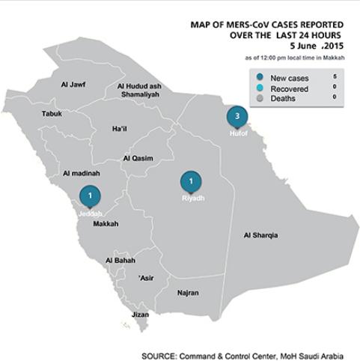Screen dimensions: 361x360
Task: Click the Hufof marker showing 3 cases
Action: pos(237,116)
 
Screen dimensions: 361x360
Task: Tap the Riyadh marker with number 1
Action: pos(191,181)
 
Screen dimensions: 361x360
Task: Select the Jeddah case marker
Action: pos(90,195)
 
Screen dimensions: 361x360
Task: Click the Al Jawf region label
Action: pos(72,85)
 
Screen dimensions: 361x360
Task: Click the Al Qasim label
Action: pos(137,159)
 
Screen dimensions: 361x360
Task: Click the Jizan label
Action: pos(140,315)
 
